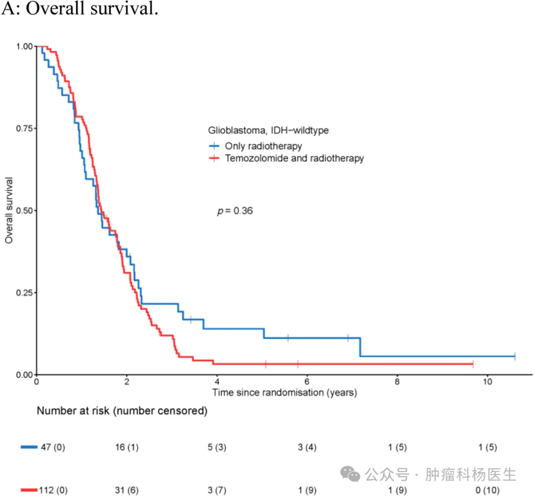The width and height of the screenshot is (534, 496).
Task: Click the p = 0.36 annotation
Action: coord(235,211)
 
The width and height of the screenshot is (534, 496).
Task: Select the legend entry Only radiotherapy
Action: coord(263,146)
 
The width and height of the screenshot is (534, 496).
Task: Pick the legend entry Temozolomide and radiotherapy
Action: coord(294,159)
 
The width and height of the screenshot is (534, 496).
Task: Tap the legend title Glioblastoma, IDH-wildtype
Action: coord(268,131)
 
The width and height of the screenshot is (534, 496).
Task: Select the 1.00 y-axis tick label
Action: coord(25,46)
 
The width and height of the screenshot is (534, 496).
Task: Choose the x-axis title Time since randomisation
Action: coord(284,393)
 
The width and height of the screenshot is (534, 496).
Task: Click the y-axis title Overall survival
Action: coord(9,210)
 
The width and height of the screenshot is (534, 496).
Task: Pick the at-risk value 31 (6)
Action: coord(127,490)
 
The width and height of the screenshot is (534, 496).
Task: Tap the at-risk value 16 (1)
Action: coord(127,448)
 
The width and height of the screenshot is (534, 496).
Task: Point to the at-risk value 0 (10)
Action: coord(487,490)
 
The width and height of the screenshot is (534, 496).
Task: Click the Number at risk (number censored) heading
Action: coord(122,411)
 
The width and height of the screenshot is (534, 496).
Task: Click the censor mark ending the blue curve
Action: coord(515,356)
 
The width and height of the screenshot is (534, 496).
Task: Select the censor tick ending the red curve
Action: coord(473,364)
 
